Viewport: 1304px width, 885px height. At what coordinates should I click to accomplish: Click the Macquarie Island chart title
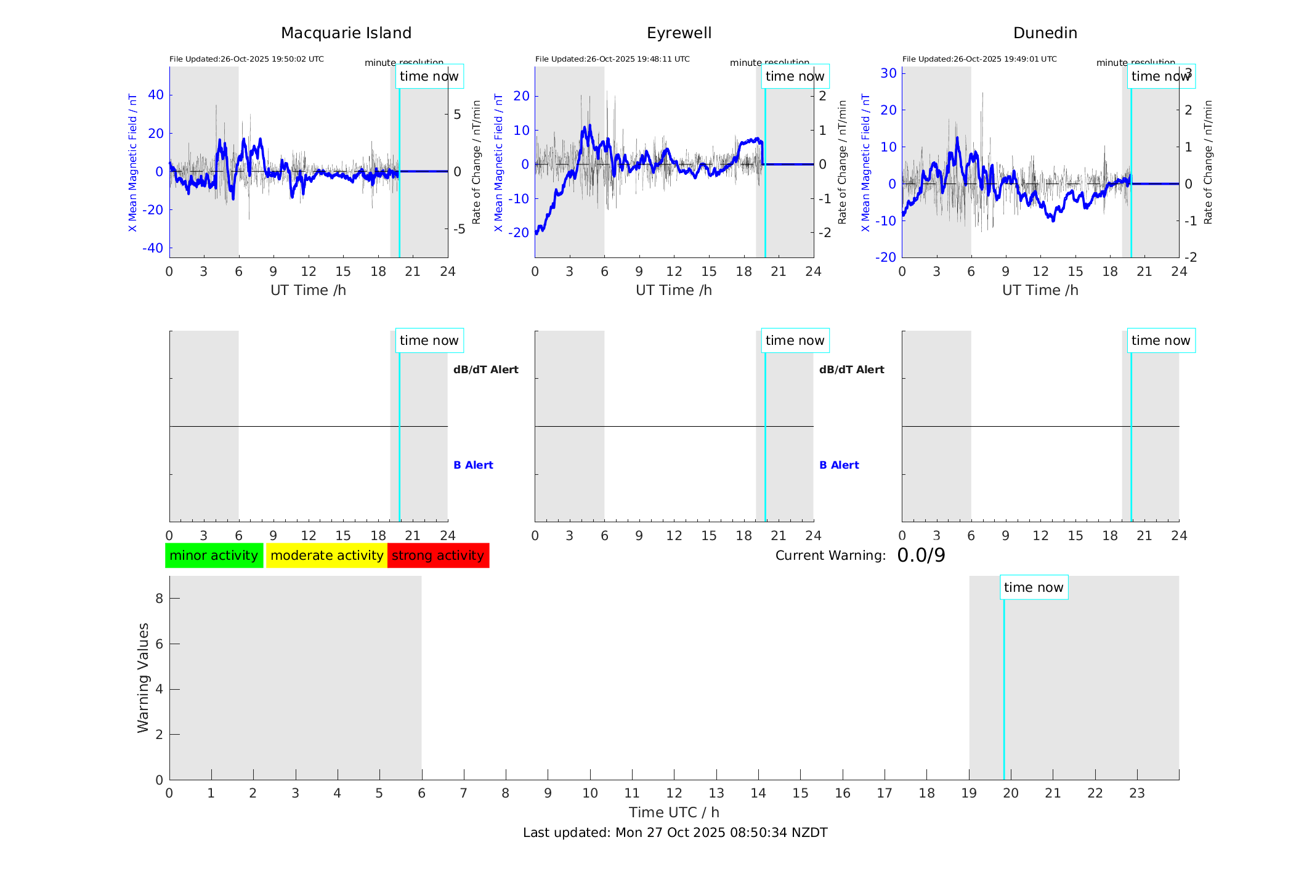coord(346,33)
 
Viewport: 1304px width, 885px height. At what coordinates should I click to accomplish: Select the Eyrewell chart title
coord(679,33)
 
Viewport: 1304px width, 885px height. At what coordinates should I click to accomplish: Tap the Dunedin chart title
coord(1045,33)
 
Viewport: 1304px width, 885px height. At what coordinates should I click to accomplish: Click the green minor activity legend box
coord(214,556)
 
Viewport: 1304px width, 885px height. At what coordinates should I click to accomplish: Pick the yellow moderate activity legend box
coord(326,556)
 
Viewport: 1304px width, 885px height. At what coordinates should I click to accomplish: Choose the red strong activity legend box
coord(438,556)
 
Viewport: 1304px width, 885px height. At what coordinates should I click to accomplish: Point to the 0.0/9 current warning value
coord(921,556)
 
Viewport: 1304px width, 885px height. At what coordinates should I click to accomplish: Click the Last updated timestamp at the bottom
coord(675,833)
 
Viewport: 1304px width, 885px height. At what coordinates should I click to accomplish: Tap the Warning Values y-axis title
coord(144,677)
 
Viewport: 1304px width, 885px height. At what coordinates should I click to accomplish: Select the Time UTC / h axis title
coord(674,812)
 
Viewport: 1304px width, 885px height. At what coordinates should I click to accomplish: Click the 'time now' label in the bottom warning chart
coord(1034,588)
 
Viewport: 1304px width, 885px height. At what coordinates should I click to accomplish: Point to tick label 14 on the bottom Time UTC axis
coord(758,793)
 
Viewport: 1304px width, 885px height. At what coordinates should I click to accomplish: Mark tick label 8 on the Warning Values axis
coord(160,598)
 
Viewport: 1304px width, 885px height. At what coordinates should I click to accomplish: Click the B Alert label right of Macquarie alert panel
coord(473,465)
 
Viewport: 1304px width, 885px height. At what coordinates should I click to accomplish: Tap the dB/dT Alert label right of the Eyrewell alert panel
coord(851,370)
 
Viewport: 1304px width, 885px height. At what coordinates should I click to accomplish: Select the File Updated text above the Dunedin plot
coord(979,59)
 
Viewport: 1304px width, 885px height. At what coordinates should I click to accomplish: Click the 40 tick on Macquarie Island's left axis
coord(156,95)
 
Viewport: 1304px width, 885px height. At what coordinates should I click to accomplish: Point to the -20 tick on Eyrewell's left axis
coord(520,233)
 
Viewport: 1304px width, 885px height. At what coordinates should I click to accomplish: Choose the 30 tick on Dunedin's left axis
coord(888,73)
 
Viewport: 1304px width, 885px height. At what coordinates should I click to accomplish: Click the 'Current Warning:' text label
coord(830,556)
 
